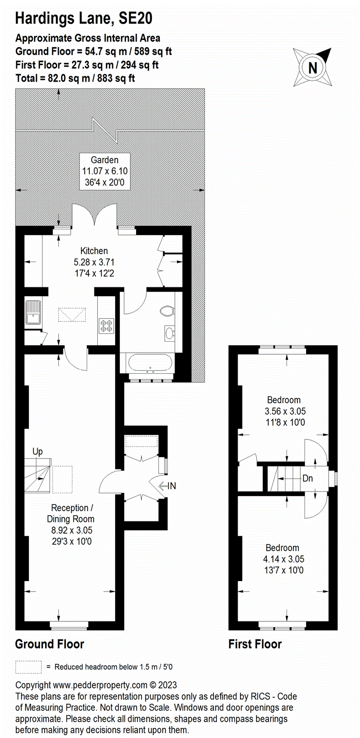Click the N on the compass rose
312,68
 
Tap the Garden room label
105,160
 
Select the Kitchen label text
94,251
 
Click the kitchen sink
33,312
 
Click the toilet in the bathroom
167,311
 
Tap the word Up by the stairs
38,452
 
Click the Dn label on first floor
308,478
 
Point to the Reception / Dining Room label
71,513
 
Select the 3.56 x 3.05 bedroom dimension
285,411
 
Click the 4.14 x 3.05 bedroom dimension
284,559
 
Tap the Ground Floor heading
50,644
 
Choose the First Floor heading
255,644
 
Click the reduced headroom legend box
28,667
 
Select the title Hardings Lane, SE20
84,18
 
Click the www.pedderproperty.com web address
100,685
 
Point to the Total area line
75,78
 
